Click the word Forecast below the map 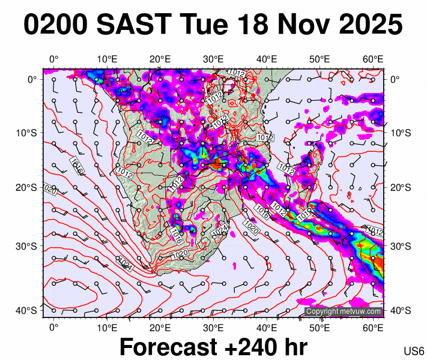[167, 347]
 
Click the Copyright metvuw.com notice [344, 311]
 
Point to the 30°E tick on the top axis [213, 59]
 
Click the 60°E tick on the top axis [374, 59]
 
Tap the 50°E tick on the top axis [320, 59]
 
